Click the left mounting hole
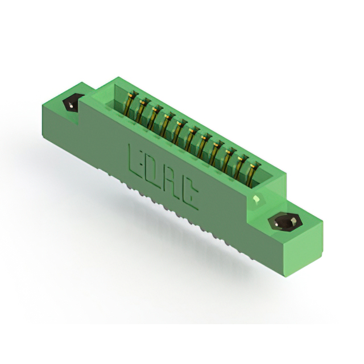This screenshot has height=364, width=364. (x=73, y=104)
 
